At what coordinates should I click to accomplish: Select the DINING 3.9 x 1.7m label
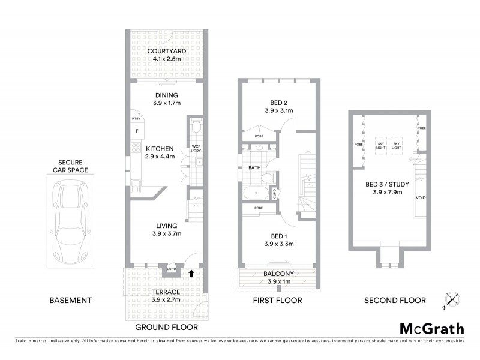click(x=166, y=99)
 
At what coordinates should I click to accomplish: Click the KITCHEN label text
click(x=159, y=152)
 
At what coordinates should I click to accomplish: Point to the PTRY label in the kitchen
click(x=136, y=119)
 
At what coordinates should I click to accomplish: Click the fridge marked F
click(x=137, y=130)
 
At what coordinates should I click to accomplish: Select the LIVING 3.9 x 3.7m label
click(x=166, y=229)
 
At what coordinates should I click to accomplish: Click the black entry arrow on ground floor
click(x=191, y=273)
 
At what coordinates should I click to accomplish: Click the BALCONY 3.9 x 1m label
click(x=277, y=278)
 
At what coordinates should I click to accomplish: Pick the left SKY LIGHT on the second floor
click(x=381, y=145)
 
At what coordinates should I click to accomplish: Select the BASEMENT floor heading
click(x=71, y=300)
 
